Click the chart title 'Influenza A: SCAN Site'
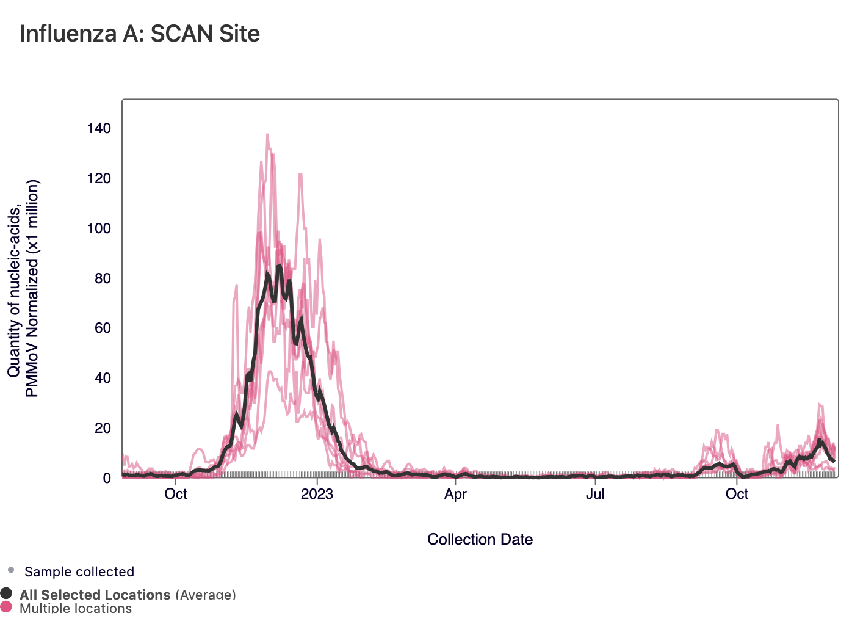tap(140, 34)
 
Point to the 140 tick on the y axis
tap(99, 128)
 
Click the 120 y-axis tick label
tap(99, 178)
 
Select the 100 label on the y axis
tap(99, 228)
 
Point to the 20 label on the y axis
tap(103, 428)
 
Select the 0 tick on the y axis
tap(107, 478)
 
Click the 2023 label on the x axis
tap(317, 494)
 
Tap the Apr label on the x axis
tap(455, 494)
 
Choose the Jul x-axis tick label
tap(595, 494)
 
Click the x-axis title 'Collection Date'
tap(480, 539)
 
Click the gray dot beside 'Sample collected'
tap(11, 571)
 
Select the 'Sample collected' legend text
tap(79, 572)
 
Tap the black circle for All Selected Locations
tap(6, 593)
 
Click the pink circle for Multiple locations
tap(6, 607)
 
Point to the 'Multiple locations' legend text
tap(76, 608)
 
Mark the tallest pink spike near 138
tap(267, 135)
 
